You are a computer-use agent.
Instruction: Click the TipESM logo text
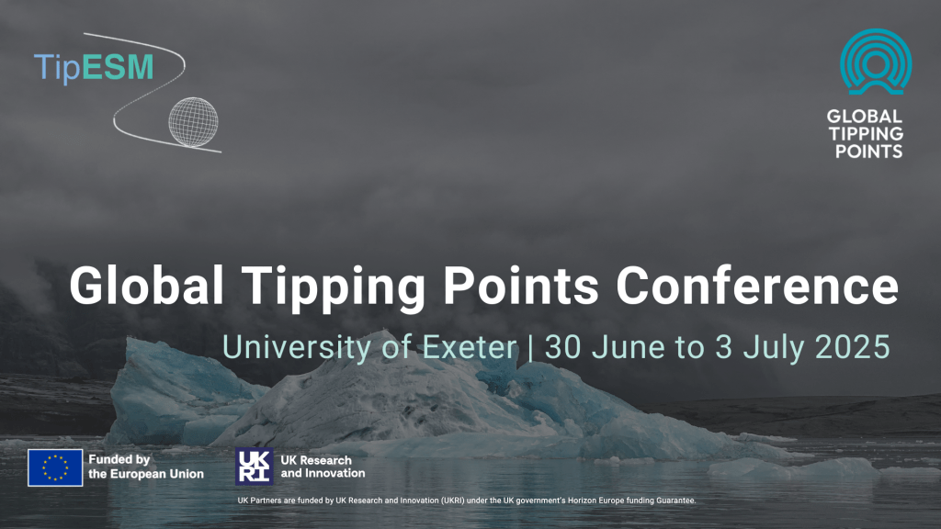(x=94, y=68)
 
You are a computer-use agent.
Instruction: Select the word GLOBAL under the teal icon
(x=865, y=117)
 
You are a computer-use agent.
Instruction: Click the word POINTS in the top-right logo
(x=865, y=151)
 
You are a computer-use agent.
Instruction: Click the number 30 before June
(x=561, y=347)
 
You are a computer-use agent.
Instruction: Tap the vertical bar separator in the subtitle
(x=531, y=347)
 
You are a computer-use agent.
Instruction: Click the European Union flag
(x=54, y=467)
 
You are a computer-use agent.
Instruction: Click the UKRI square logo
(x=254, y=467)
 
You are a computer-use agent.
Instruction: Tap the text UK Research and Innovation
(x=323, y=467)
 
